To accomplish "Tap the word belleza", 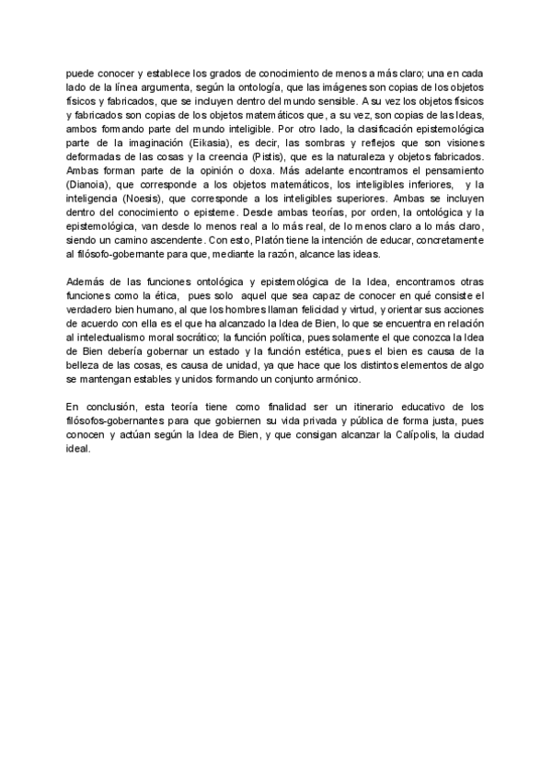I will pyautogui.click(x=89, y=364).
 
